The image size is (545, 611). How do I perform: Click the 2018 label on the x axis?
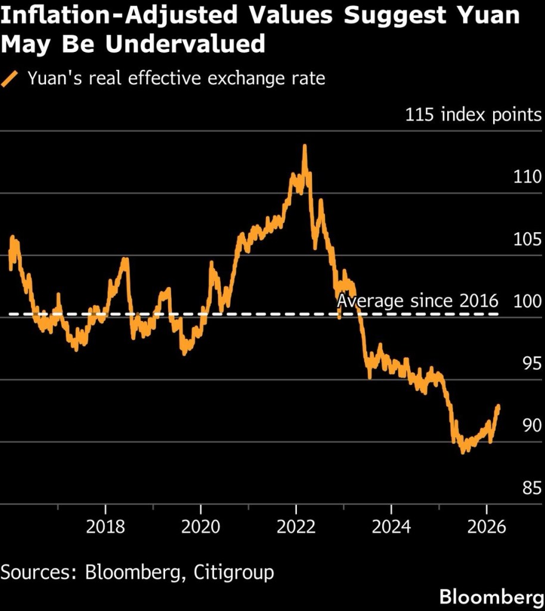[x=106, y=528]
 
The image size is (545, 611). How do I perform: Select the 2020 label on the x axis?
[x=201, y=528]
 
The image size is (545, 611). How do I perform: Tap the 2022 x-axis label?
[x=296, y=528]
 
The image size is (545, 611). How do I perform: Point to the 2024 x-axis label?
[x=391, y=528]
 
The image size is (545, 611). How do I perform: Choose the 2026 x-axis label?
[x=486, y=528]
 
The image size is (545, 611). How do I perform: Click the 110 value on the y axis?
[x=527, y=178]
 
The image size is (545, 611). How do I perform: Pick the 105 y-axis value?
[x=527, y=240]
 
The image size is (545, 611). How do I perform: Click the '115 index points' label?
[x=473, y=115]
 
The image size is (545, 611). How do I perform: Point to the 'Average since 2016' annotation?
[x=417, y=301]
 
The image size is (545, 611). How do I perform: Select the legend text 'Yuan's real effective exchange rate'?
[x=176, y=79]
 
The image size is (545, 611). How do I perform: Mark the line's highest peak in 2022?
[x=305, y=146]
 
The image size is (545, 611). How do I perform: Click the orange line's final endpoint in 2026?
[x=498, y=406]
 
